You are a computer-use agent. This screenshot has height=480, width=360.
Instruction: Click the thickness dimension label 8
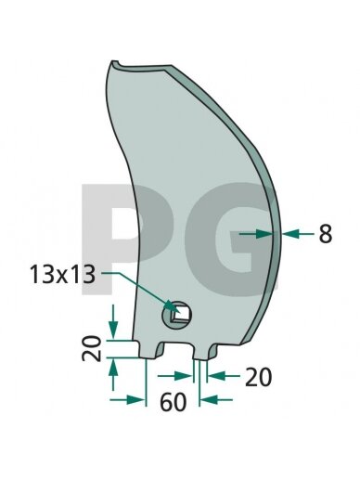(326, 234)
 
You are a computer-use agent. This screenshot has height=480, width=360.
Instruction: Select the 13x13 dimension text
(62, 275)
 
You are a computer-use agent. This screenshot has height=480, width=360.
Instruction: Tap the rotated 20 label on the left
(92, 349)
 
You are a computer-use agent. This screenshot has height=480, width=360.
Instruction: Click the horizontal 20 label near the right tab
(258, 377)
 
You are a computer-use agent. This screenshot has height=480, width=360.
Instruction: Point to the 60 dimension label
(174, 402)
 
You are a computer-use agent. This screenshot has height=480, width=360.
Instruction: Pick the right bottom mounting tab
(205, 352)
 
